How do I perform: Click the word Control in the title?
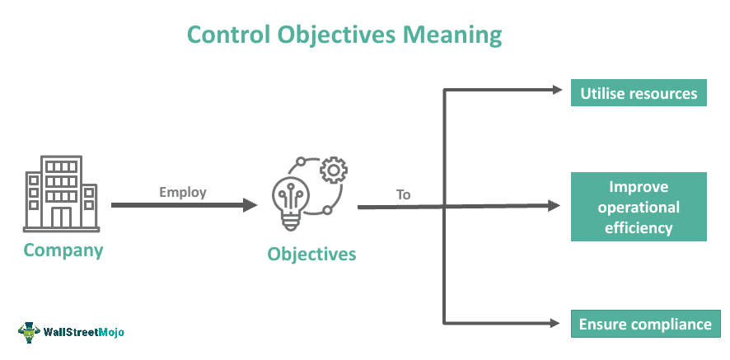pos(228,35)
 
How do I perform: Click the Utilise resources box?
pos(639,93)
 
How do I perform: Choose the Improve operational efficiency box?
pos(639,207)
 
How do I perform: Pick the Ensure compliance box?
pos(645,324)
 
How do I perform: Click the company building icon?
pos(62,194)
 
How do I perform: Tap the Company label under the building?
pos(63,250)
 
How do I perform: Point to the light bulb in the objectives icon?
pos(289,205)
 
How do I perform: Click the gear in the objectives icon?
pos(334,170)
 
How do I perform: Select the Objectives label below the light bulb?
pos(311,255)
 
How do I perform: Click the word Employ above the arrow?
pos(183,192)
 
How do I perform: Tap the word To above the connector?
pos(403,194)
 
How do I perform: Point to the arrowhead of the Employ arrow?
pos(250,205)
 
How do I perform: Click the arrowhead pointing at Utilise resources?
pos(557,90)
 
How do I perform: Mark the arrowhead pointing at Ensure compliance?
pos(555,323)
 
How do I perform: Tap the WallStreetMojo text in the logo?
pos(83,332)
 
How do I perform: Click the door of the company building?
pos(62,217)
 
